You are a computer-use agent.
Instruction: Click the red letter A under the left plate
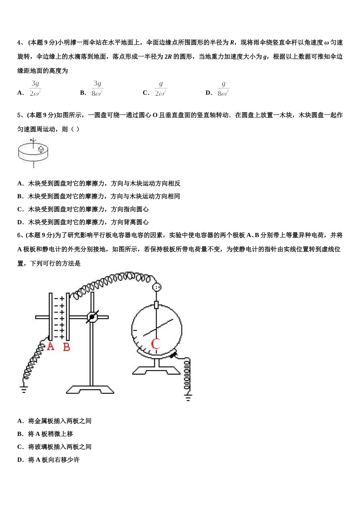(50, 346)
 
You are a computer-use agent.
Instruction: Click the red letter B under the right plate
(66, 347)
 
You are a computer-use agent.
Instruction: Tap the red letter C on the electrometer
(155, 344)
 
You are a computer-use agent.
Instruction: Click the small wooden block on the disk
(41, 150)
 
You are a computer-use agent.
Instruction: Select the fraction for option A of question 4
(35, 89)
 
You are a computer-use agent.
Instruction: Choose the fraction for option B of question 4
(97, 89)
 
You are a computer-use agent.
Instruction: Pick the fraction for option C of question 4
(161, 89)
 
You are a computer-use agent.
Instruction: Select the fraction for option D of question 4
(223, 89)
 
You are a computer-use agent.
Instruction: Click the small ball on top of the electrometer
(157, 287)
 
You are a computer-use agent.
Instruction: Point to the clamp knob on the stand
(92, 317)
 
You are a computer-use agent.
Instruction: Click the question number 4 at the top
(19, 42)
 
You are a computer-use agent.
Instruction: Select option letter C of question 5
(20, 209)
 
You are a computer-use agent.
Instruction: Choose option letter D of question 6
(20, 459)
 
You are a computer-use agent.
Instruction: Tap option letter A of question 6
(20, 421)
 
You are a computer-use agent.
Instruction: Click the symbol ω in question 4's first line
(327, 43)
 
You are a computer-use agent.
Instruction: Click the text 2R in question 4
(168, 57)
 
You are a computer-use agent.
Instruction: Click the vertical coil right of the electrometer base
(187, 375)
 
